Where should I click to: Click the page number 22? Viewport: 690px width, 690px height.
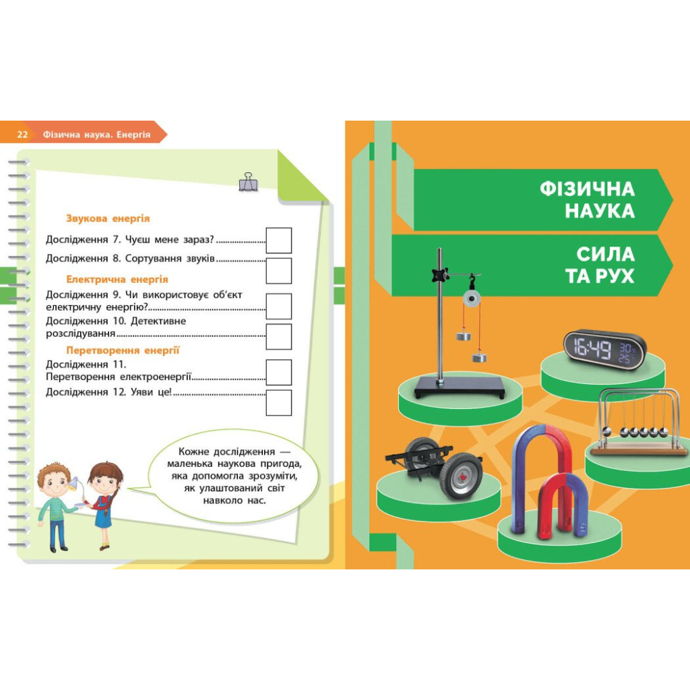[x=22, y=135]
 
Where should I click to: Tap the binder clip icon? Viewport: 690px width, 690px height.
[x=248, y=182]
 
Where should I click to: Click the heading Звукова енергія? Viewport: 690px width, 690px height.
[x=108, y=219]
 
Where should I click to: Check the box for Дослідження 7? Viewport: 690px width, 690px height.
[x=279, y=241]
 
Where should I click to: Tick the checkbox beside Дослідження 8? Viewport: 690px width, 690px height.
[x=279, y=271]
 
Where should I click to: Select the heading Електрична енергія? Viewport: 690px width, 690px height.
[x=117, y=280]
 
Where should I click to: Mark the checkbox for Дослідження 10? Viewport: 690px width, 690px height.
[x=279, y=337]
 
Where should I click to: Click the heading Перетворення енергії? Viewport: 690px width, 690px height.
[x=123, y=350]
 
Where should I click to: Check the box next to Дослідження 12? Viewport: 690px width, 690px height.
[x=279, y=403]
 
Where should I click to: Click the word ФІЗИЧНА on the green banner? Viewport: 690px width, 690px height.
[x=587, y=189]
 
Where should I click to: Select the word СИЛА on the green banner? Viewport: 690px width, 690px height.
[x=606, y=254]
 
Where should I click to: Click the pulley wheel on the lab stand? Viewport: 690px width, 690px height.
[x=472, y=299]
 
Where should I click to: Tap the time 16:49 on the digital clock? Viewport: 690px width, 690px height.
[x=592, y=350]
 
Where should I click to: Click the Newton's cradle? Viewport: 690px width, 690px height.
[x=638, y=422]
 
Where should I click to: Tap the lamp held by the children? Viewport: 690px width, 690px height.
[x=74, y=483]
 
